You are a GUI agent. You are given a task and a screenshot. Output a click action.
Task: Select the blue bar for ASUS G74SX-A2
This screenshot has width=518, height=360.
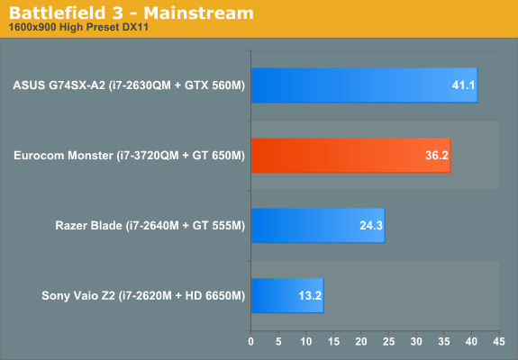tap(364, 85)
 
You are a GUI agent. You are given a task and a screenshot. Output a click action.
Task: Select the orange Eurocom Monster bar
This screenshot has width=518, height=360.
tap(350, 156)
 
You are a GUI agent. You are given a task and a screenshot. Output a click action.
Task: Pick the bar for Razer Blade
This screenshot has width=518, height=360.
tap(317, 225)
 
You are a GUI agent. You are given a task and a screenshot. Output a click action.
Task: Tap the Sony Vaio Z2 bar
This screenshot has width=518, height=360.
tap(286, 295)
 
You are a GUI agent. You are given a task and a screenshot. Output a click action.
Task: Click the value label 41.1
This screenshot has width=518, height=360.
tap(461, 86)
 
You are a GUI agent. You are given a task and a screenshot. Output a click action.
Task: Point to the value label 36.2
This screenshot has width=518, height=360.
tap(436, 157)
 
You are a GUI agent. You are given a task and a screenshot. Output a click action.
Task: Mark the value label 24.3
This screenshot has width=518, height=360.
tap(371, 226)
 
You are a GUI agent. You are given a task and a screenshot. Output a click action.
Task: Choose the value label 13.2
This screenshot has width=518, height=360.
tap(310, 296)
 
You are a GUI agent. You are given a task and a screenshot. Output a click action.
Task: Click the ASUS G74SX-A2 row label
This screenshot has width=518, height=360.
tap(129, 86)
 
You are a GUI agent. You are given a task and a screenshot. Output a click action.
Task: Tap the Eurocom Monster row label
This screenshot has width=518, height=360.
tap(129, 157)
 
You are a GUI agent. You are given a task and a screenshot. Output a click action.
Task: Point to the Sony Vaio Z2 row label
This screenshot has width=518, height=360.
tap(143, 296)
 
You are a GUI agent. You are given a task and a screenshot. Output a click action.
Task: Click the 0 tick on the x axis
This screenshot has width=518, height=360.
tap(250, 342)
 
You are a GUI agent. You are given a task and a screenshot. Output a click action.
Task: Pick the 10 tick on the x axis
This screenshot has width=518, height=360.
tap(306, 342)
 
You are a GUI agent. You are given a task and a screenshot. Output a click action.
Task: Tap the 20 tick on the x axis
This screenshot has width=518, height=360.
tap(361, 342)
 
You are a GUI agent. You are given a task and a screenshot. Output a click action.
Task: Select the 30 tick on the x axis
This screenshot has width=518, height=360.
tap(416, 342)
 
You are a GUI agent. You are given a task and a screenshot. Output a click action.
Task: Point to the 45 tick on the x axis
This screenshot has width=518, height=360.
tap(498, 342)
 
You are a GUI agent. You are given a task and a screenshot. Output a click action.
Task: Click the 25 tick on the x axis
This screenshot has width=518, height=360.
tap(388, 342)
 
